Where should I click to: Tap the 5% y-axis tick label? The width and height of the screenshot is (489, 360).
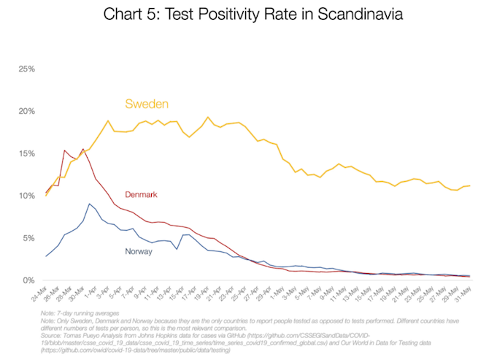(28, 238)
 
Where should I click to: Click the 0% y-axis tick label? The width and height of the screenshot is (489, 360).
(28, 280)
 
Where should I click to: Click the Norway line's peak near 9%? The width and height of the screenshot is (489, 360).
(89, 204)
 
